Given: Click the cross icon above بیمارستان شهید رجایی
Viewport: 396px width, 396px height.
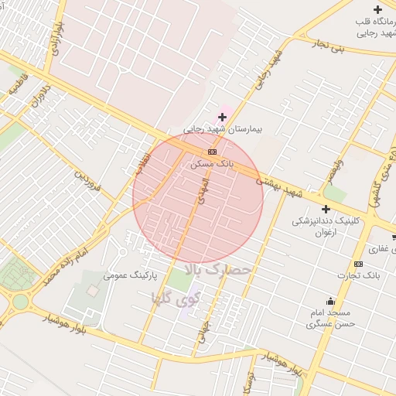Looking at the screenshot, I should click(x=222, y=117).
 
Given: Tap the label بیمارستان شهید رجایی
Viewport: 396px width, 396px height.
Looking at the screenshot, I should click(x=223, y=129).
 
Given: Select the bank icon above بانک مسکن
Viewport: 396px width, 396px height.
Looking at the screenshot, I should click(x=212, y=152).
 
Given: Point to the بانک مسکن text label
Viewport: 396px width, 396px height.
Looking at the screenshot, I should click(x=212, y=164).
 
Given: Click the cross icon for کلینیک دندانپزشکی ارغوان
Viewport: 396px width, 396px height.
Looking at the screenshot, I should click(x=326, y=209).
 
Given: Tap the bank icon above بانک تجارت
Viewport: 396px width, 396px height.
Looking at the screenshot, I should click(x=357, y=264).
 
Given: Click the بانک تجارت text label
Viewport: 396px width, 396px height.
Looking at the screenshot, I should click(x=357, y=276).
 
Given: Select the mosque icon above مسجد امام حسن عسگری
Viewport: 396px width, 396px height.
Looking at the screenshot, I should click(x=331, y=301).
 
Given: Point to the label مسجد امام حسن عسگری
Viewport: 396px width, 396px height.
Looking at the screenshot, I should click(x=330, y=319).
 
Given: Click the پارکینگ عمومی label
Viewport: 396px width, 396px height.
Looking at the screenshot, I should click(x=130, y=275).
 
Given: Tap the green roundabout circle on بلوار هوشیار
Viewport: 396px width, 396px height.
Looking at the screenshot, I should click(x=19, y=302).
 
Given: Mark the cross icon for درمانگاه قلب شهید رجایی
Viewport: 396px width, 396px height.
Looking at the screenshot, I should click(x=377, y=10).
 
